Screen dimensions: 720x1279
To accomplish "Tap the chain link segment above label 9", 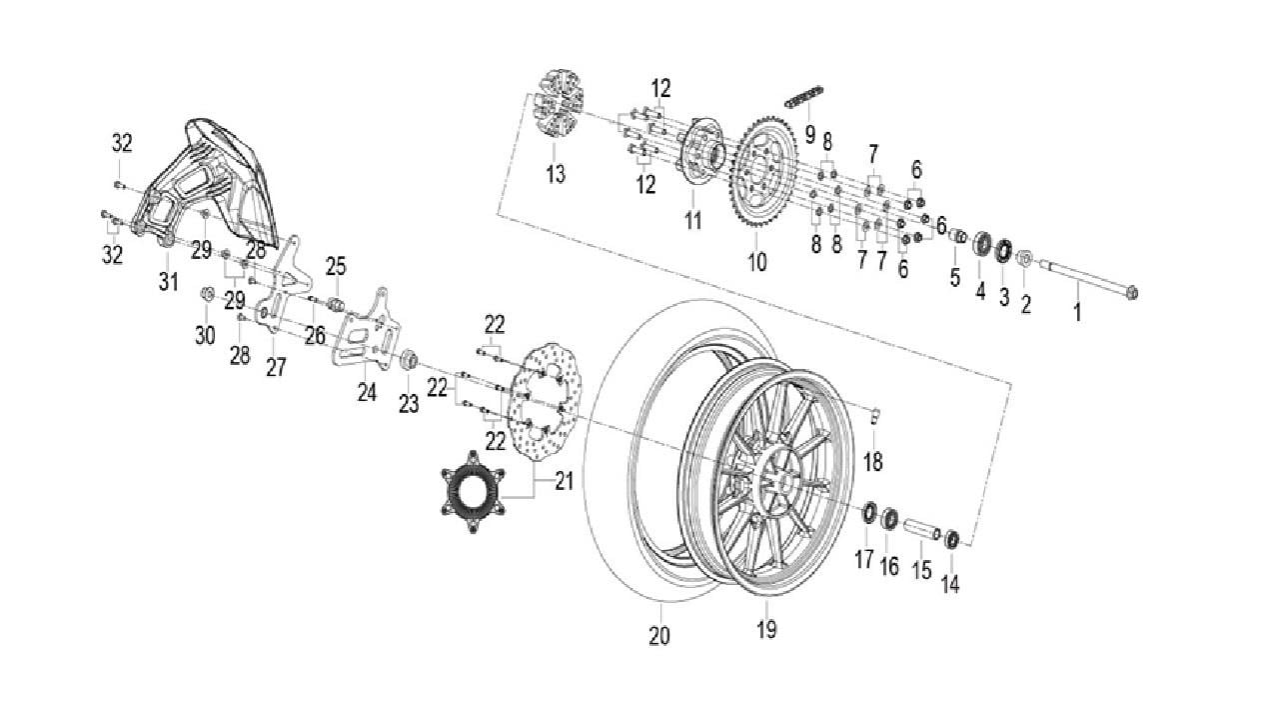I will point(804,99).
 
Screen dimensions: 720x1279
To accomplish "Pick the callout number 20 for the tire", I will point(659,636).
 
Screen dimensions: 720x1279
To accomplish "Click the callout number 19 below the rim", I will point(766,629).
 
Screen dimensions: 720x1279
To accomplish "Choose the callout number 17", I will point(864,559).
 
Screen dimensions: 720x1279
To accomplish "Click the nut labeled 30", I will point(208,294).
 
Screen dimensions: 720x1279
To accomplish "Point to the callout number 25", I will point(335,266).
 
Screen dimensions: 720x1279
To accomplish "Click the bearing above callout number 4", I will point(981,243).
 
